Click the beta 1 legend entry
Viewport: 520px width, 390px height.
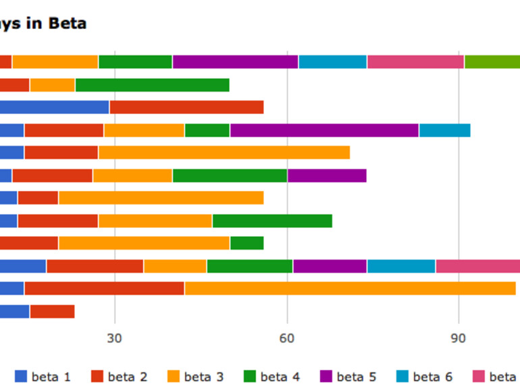(43, 377)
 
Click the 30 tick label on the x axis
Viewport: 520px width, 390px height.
(115, 337)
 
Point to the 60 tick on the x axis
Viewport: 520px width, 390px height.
(287, 337)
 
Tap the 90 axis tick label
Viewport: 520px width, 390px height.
(459, 337)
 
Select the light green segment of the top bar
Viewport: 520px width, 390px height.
(492, 62)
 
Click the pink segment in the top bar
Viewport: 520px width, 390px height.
(415, 62)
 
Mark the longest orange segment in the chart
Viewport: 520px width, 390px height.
(350, 288)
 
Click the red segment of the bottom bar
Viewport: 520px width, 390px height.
(52, 311)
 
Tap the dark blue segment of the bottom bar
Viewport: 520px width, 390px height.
(14, 311)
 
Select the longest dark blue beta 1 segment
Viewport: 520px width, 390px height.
(54, 107)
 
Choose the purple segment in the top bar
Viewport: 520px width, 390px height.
(235, 62)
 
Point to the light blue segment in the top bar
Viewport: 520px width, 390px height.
(332, 62)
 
